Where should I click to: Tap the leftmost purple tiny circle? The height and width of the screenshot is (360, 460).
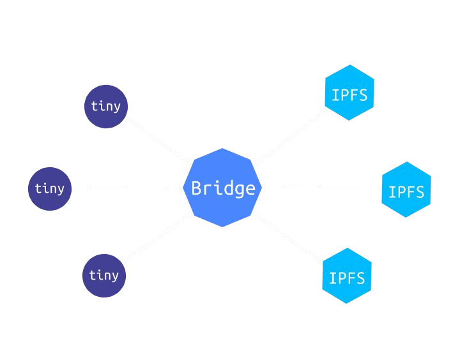pos(50,188)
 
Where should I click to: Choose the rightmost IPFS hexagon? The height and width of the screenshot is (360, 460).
pos(406,190)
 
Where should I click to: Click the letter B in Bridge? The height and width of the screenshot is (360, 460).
pos(197,188)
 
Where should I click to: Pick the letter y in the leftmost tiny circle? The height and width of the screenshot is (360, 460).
pos(60,190)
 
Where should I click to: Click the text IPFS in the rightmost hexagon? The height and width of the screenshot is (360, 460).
pos(406,191)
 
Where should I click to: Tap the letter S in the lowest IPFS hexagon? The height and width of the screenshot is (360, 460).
pos(360,278)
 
